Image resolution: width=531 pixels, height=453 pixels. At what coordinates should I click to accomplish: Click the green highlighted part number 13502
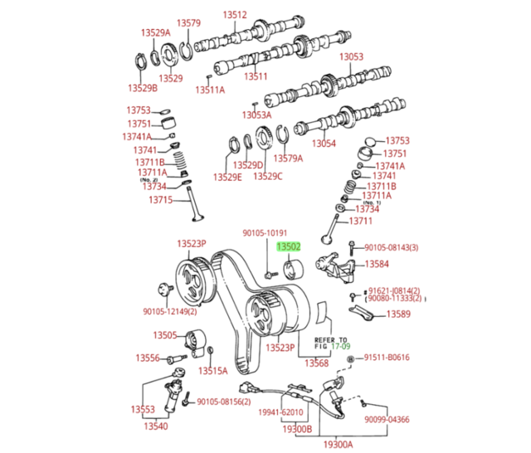(x=289, y=246)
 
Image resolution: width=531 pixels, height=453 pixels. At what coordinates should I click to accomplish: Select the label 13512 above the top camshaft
(x=235, y=15)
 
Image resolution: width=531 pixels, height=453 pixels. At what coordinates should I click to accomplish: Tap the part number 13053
(x=351, y=56)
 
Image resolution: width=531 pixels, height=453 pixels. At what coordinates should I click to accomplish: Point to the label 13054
(x=324, y=144)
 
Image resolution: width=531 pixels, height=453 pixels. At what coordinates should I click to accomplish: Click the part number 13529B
(x=143, y=88)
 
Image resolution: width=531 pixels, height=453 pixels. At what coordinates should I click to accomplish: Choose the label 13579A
(x=288, y=158)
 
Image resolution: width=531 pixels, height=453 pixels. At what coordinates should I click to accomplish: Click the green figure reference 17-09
(x=341, y=346)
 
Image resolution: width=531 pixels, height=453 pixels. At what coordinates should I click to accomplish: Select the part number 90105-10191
(x=265, y=233)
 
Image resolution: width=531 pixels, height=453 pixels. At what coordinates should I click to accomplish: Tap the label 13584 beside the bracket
(x=377, y=264)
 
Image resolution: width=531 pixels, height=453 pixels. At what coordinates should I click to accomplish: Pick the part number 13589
(x=398, y=314)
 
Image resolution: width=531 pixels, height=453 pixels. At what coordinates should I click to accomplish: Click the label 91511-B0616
(x=387, y=358)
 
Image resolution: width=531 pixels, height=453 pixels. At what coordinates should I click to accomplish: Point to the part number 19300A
(x=338, y=444)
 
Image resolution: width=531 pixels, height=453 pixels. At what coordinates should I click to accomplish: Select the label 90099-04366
(x=387, y=420)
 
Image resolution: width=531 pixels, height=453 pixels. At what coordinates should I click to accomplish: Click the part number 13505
(x=165, y=335)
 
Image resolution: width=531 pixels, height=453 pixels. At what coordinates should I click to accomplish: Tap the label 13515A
(x=213, y=371)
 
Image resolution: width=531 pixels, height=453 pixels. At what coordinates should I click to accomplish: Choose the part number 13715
(x=160, y=200)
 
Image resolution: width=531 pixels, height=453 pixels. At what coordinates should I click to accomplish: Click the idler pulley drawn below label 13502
(x=293, y=270)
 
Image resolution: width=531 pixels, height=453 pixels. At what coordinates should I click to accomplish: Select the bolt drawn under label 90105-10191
(x=271, y=275)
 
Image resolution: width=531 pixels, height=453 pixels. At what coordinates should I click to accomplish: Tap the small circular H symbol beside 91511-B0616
(x=351, y=359)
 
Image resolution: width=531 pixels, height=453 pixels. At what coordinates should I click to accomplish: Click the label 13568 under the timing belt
(x=316, y=363)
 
